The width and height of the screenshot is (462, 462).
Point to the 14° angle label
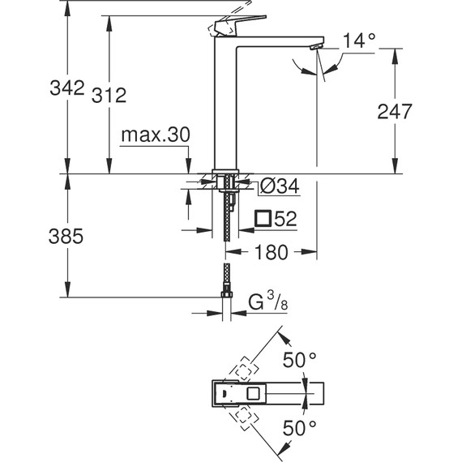point(360,39)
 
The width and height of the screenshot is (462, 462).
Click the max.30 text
point(155,135)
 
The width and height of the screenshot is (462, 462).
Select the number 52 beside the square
point(284,218)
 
